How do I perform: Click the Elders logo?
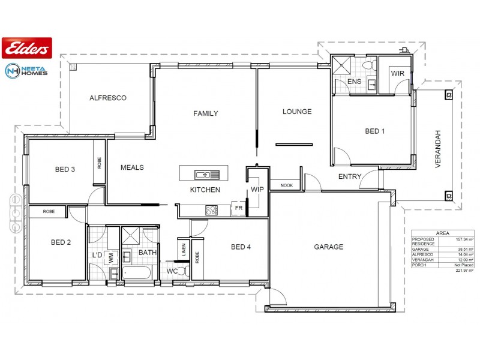click(28, 46)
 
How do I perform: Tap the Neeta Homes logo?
click(27, 70)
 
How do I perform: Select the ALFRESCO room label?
click(107, 98)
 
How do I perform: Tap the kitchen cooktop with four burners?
click(211, 210)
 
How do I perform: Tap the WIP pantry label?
click(257, 190)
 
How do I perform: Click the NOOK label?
click(286, 185)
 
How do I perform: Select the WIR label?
click(397, 73)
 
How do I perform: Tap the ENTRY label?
click(350, 176)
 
